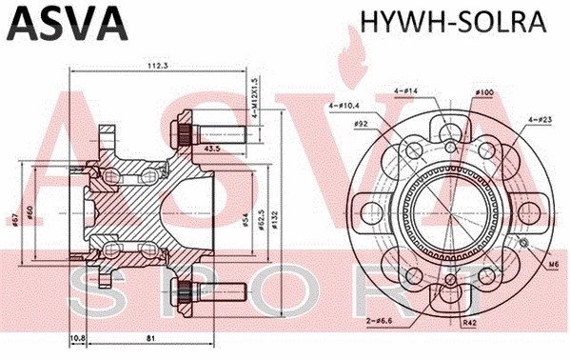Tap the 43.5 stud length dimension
(211, 149)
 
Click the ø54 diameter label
(245, 221)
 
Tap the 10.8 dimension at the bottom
(78, 337)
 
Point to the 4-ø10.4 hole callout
(344, 104)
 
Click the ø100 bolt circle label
(484, 92)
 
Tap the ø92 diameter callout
(362, 123)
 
